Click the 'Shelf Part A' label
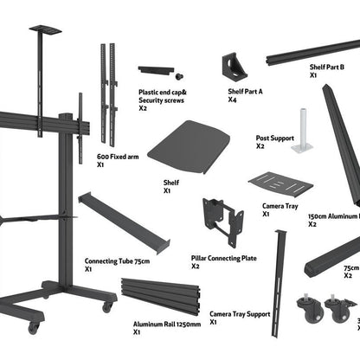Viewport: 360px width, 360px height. coord(245,91)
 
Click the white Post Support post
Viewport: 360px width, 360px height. coord(302,130)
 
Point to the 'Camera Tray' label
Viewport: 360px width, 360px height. coord(280,207)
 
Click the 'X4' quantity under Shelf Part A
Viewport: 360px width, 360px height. coord(231,100)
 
